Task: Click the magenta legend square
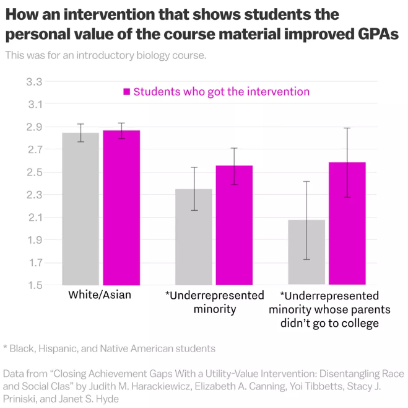(x=127, y=92)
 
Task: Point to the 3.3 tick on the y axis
(x=35, y=81)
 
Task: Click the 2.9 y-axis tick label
(x=35, y=126)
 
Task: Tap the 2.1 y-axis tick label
(x=35, y=217)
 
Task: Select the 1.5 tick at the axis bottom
(x=35, y=285)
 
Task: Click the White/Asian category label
(x=100, y=295)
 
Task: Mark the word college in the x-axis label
(x=361, y=323)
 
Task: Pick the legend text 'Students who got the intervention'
(x=221, y=92)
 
